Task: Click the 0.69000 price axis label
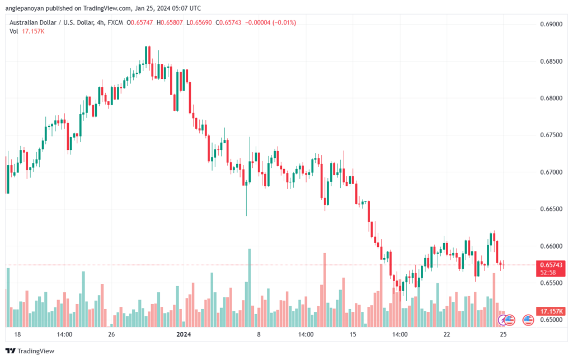(551, 24)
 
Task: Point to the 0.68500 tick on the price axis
(551, 61)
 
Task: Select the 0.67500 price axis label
(551, 135)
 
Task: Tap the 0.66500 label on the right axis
(551, 209)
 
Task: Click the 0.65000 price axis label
(551, 320)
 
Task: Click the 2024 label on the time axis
(184, 334)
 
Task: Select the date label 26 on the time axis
(111, 334)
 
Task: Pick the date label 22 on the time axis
(447, 334)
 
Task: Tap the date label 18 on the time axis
(17, 334)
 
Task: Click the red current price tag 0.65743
(551, 268)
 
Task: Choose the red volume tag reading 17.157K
(551, 311)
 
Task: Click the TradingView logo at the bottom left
(30, 351)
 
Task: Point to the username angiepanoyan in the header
(27, 8)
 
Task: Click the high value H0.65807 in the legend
(170, 22)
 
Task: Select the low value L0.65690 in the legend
(199, 22)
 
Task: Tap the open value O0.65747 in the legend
(139, 22)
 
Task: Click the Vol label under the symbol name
(14, 31)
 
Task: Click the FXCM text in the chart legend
(115, 22)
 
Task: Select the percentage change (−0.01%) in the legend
(284, 22)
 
